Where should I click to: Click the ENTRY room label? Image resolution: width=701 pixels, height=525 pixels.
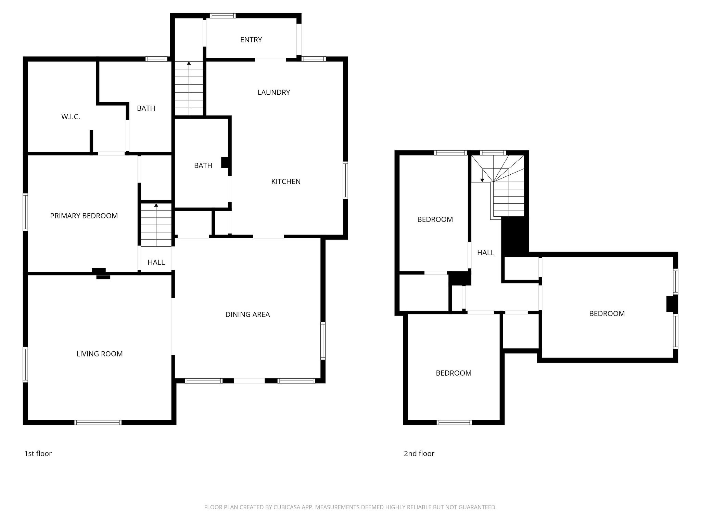click(x=251, y=40)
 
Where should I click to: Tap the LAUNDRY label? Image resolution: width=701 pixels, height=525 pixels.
click(x=273, y=92)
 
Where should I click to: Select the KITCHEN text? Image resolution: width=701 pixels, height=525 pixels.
click(x=286, y=181)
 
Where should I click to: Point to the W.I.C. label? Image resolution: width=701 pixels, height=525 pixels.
click(x=71, y=117)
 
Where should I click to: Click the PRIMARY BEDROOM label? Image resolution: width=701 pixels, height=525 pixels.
click(x=84, y=216)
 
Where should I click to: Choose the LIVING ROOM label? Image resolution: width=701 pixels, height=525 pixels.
click(x=99, y=354)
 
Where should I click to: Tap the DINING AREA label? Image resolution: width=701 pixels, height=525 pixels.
click(x=247, y=314)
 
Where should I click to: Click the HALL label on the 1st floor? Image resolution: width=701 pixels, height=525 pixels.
click(x=156, y=262)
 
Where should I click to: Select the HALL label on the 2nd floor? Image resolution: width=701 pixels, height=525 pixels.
click(x=486, y=253)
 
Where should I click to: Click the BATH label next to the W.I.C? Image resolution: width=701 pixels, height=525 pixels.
click(x=146, y=108)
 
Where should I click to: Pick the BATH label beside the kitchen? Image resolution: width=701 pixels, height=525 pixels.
click(x=203, y=165)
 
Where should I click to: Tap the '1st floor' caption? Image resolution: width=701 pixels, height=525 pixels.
click(x=38, y=454)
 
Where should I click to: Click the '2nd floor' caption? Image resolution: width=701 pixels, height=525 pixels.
click(x=419, y=454)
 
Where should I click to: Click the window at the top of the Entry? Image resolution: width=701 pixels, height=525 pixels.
click(x=222, y=15)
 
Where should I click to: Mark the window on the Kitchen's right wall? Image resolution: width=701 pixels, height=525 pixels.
click(x=345, y=180)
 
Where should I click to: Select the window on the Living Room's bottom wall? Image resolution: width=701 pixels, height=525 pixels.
click(x=98, y=422)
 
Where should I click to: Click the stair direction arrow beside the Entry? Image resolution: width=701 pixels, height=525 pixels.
click(x=189, y=63)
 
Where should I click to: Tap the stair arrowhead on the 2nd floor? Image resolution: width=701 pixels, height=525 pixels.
click(x=482, y=180)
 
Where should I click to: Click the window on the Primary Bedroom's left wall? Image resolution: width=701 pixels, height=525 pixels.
click(x=25, y=212)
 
